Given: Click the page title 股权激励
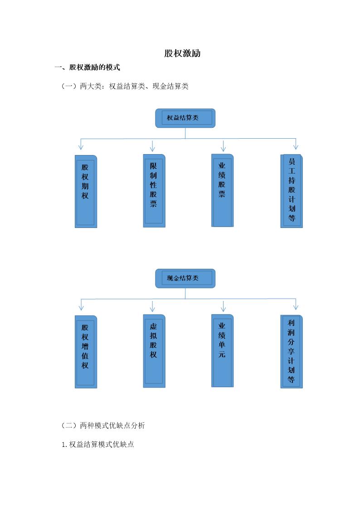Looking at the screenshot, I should (182, 53).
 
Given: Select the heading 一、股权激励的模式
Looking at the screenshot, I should (87, 68).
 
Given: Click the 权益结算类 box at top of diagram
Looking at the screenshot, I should (185, 118).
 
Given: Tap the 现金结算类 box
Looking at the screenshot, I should (185, 278).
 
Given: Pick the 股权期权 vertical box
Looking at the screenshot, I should (85, 191).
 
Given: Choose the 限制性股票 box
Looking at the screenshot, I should (154, 190).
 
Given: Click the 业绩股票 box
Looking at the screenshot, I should (222, 190).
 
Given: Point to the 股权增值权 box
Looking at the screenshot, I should (85, 351).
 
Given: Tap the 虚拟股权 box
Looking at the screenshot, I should (154, 350).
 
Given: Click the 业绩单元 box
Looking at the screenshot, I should (222, 350).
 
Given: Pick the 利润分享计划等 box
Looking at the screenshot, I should (292, 351).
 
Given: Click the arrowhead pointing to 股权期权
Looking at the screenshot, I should (81, 146).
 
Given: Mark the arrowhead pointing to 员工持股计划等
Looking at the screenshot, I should (296, 146).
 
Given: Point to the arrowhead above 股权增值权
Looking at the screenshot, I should (81, 307).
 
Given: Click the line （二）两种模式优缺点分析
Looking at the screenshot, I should (103, 426).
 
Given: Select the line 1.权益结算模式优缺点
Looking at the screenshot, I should (98, 445).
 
